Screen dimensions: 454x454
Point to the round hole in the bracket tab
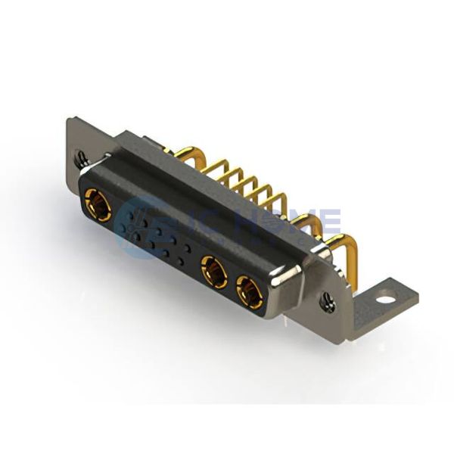pyautogui.click(x=387, y=297)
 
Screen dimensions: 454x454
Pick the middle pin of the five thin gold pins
pyautogui.click(x=245, y=182)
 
